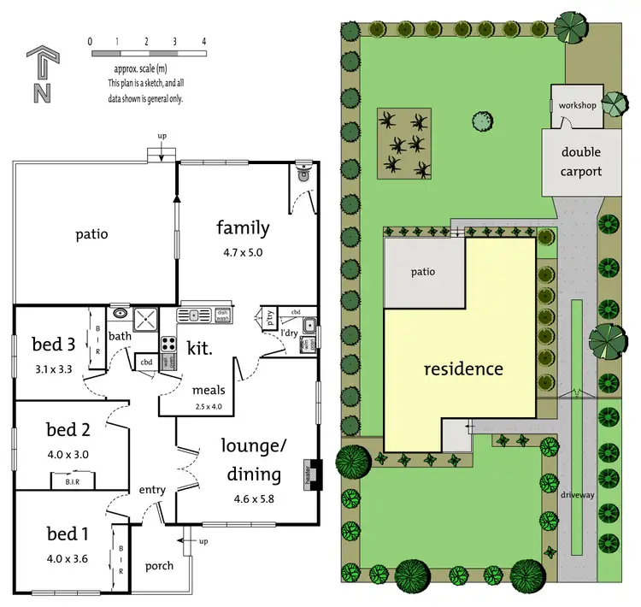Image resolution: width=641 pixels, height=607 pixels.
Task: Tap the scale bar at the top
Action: point(146,53)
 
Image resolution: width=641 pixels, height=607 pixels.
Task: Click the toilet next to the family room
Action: point(301,174)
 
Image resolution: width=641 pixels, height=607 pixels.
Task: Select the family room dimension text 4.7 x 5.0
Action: point(243,252)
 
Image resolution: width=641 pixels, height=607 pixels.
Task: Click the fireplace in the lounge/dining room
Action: point(312,474)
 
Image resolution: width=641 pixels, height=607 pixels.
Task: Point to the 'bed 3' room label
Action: point(54,345)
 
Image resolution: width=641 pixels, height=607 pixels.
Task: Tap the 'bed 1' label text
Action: point(68,534)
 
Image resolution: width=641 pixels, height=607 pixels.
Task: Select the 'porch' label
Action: point(160,566)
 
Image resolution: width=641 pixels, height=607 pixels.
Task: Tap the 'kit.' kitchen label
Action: point(199,346)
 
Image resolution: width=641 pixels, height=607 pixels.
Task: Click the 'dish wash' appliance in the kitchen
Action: point(223,315)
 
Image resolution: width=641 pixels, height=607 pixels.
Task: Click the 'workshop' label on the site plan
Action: point(578,104)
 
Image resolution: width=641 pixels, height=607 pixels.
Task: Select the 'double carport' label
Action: point(581,162)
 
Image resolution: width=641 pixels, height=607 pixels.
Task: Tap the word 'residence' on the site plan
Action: point(464,369)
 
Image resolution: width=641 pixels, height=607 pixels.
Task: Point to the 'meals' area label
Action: point(209,391)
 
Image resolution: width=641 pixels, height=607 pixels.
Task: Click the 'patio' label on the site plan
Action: point(422,272)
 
